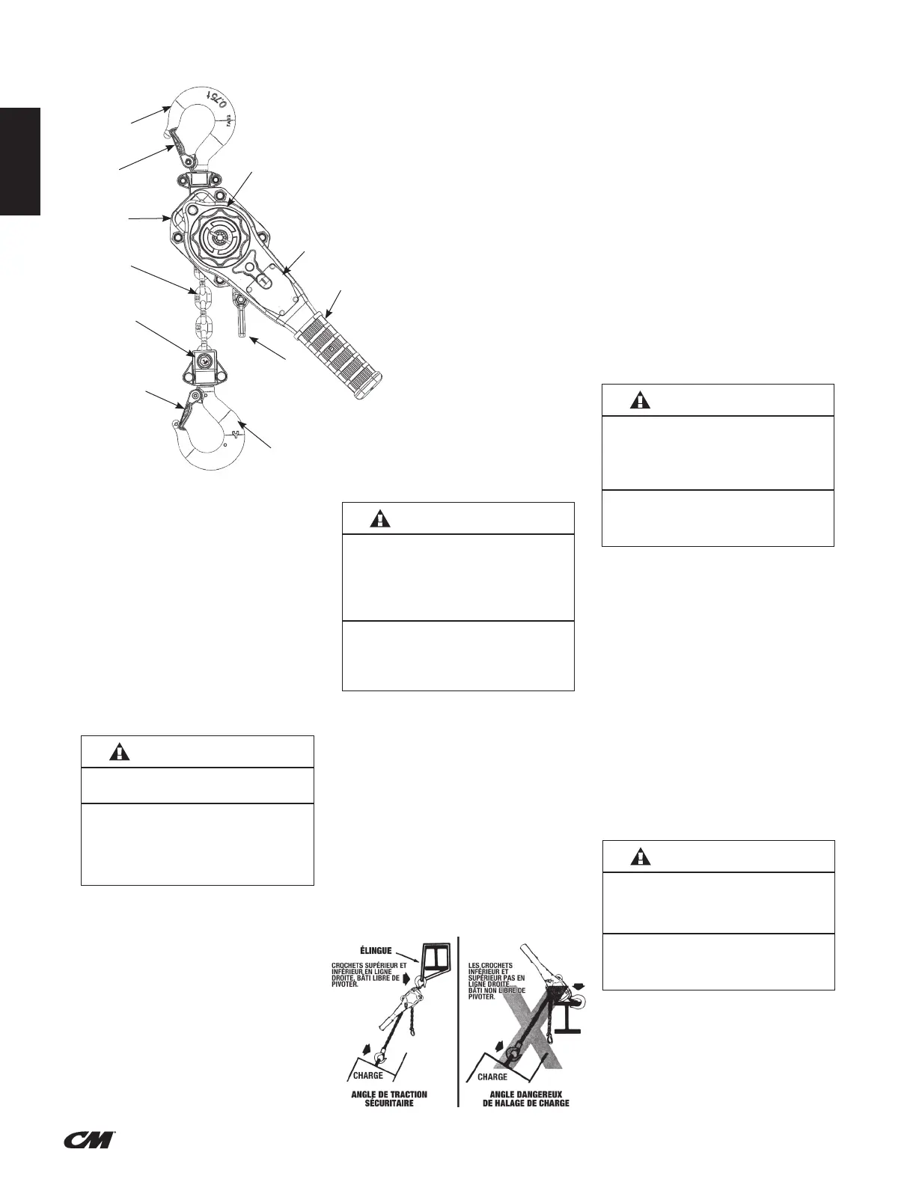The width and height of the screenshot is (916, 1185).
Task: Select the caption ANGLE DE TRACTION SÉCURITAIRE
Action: click(389, 1099)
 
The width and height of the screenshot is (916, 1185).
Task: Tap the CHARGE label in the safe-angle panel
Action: click(367, 1076)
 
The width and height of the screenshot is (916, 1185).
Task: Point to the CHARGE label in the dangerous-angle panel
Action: click(492, 1077)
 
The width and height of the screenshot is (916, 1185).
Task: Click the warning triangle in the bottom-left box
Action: click(119, 752)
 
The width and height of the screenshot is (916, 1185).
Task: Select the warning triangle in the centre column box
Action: click(381, 518)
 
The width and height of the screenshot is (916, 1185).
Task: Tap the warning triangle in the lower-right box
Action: click(641, 857)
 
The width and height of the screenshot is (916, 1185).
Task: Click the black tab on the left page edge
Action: click(19, 162)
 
